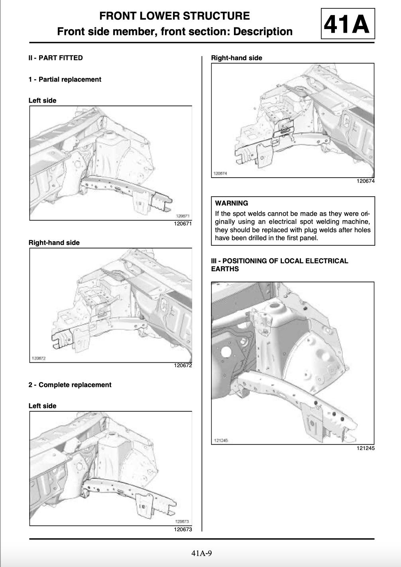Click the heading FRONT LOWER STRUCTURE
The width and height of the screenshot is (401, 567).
174,16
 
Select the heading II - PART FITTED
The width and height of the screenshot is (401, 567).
55,58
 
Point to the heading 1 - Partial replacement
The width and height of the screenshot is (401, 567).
65,79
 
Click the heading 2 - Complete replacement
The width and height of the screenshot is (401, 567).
70,385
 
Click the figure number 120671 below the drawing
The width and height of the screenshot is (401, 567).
183,224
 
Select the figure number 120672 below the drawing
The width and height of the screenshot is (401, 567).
183,366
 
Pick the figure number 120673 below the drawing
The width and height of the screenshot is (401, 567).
183,530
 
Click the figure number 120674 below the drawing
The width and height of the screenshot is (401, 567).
365,181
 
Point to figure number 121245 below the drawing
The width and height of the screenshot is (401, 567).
365,448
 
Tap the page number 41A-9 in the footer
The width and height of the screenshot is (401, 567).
201,553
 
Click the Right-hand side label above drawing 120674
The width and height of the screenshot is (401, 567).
236,58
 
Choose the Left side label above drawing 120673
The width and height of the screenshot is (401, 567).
42,406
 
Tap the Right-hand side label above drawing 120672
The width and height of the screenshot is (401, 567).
54,242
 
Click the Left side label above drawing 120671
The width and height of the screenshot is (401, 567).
42,100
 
